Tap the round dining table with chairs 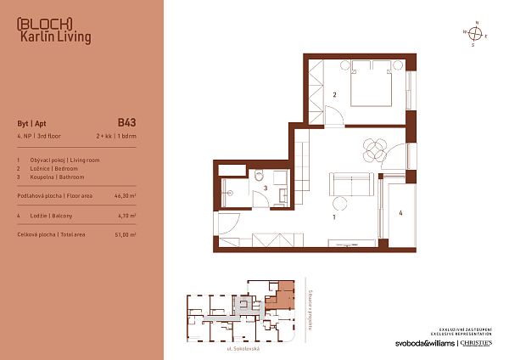pos(373,149)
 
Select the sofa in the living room pos(351,183)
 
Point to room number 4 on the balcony pos(400,212)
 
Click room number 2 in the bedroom pos(335,95)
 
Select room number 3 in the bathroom pos(266,188)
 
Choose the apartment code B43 pos(127,121)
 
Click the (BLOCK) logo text pos(44,23)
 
